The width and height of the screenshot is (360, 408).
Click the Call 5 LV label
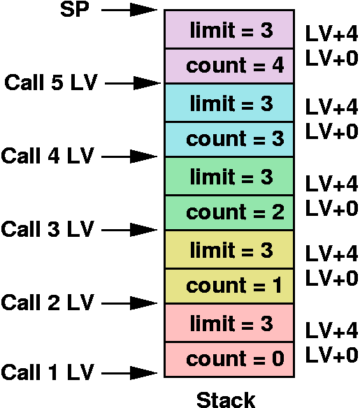pyautogui.click(x=50, y=82)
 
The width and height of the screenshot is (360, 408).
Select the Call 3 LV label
pyautogui.click(x=48, y=228)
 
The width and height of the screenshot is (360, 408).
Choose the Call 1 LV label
pyautogui.click(x=48, y=372)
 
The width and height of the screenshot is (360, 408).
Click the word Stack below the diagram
pyautogui.click(x=225, y=400)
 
